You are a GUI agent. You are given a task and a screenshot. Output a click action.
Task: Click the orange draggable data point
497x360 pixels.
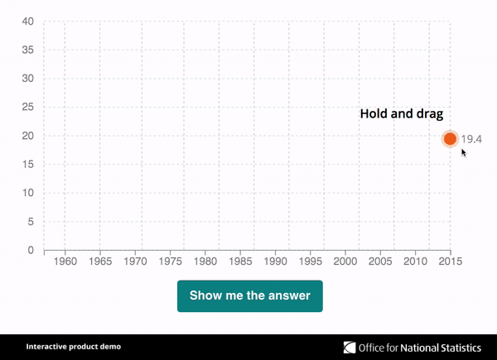tap(450, 139)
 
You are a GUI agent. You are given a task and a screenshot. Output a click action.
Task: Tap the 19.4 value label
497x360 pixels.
tap(471, 139)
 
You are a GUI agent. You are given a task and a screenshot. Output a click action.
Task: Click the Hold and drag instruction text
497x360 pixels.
tap(402, 114)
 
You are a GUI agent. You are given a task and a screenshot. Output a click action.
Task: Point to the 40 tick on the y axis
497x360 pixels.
tap(28, 22)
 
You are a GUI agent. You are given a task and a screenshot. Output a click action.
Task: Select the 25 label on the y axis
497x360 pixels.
tap(28, 107)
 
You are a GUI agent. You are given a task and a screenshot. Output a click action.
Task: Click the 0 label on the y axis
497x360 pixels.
tap(31, 250)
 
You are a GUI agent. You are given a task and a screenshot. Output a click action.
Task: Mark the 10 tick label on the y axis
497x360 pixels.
tap(28, 193)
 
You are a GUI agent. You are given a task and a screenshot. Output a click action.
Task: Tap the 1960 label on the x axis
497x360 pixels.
tap(65, 262)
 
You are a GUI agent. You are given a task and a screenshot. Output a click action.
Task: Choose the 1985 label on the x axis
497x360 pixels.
tap(240, 262)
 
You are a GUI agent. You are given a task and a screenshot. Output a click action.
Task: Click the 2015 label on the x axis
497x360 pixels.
tap(451, 262)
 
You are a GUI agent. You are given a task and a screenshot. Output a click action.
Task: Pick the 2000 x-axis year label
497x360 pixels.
tap(345, 262)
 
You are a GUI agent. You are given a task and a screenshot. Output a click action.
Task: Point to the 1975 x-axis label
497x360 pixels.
tap(171, 262)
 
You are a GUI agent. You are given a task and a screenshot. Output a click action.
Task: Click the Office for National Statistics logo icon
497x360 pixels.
tap(350, 348)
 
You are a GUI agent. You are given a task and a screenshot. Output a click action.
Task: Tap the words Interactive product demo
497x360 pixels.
tap(74, 347)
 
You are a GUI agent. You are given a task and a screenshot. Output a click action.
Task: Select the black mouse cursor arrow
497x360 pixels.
tap(464, 152)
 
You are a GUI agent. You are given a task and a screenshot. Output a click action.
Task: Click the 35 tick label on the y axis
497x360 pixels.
tap(28, 50)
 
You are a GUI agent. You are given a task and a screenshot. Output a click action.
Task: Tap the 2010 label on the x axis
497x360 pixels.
tap(416, 262)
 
